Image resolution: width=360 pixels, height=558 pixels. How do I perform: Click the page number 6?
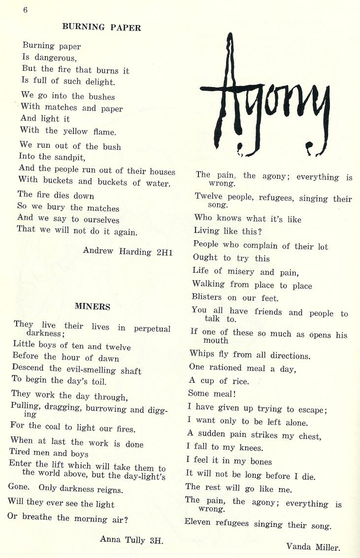point(25,11)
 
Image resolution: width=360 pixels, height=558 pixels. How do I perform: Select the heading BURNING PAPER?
point(101,28)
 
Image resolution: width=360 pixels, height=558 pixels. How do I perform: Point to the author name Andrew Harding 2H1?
point(128,251)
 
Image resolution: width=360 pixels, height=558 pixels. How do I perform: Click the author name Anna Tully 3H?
point(131,540)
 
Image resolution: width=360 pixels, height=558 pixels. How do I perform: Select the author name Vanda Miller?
point(313,546)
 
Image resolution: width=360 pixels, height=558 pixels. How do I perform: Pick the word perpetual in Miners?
point(152,328)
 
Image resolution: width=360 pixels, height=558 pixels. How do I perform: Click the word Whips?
point(201,354)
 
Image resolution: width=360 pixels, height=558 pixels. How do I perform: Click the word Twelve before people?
point(208,197)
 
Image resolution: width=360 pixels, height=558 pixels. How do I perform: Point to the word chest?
point(308,436)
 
